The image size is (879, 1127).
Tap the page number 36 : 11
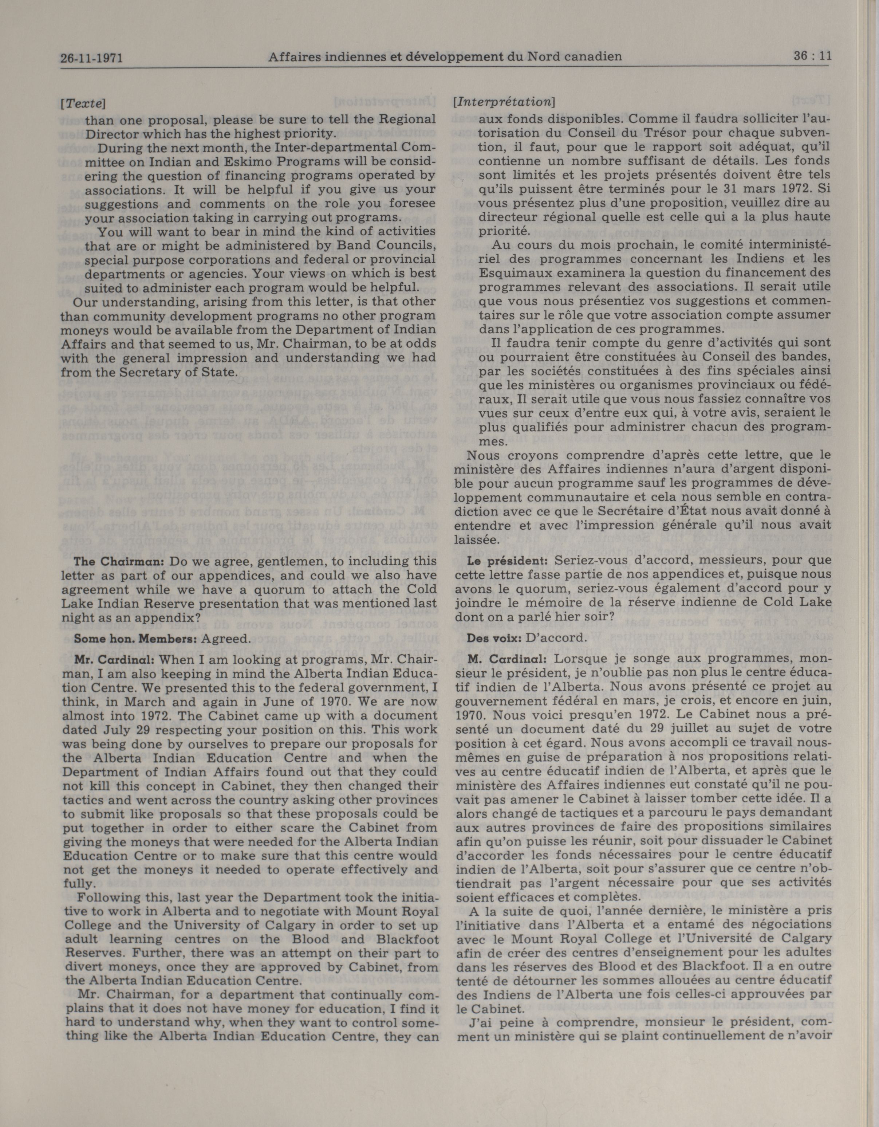(x=812, y=56)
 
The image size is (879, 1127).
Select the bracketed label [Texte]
(x=83, y=103)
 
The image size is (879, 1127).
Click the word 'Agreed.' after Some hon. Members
(x=226, y=638)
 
